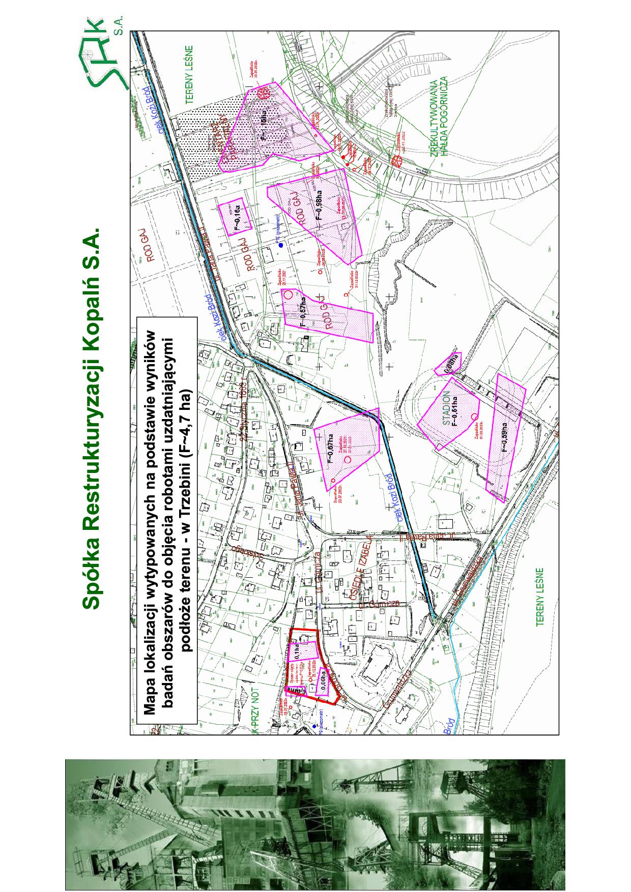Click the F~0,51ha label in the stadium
click(x=455, y=410)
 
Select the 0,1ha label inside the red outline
click(x=297, y=651)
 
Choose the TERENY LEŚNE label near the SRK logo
click(x=189, y=75)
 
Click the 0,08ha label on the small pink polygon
click(x=450, y=364)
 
